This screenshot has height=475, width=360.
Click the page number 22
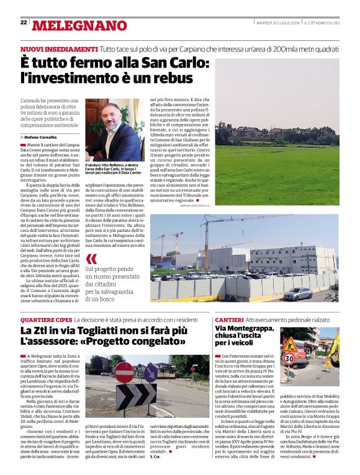click(x=24, y=22)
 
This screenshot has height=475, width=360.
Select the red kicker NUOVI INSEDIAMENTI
click(x=59, y=48)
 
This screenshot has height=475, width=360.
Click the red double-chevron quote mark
click(x=91, y=259)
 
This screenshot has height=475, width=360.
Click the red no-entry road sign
click(x=124, y=371)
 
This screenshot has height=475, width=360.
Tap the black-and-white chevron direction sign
click(x=137, y=394)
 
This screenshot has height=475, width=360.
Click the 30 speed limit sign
click(x=289, y=359)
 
